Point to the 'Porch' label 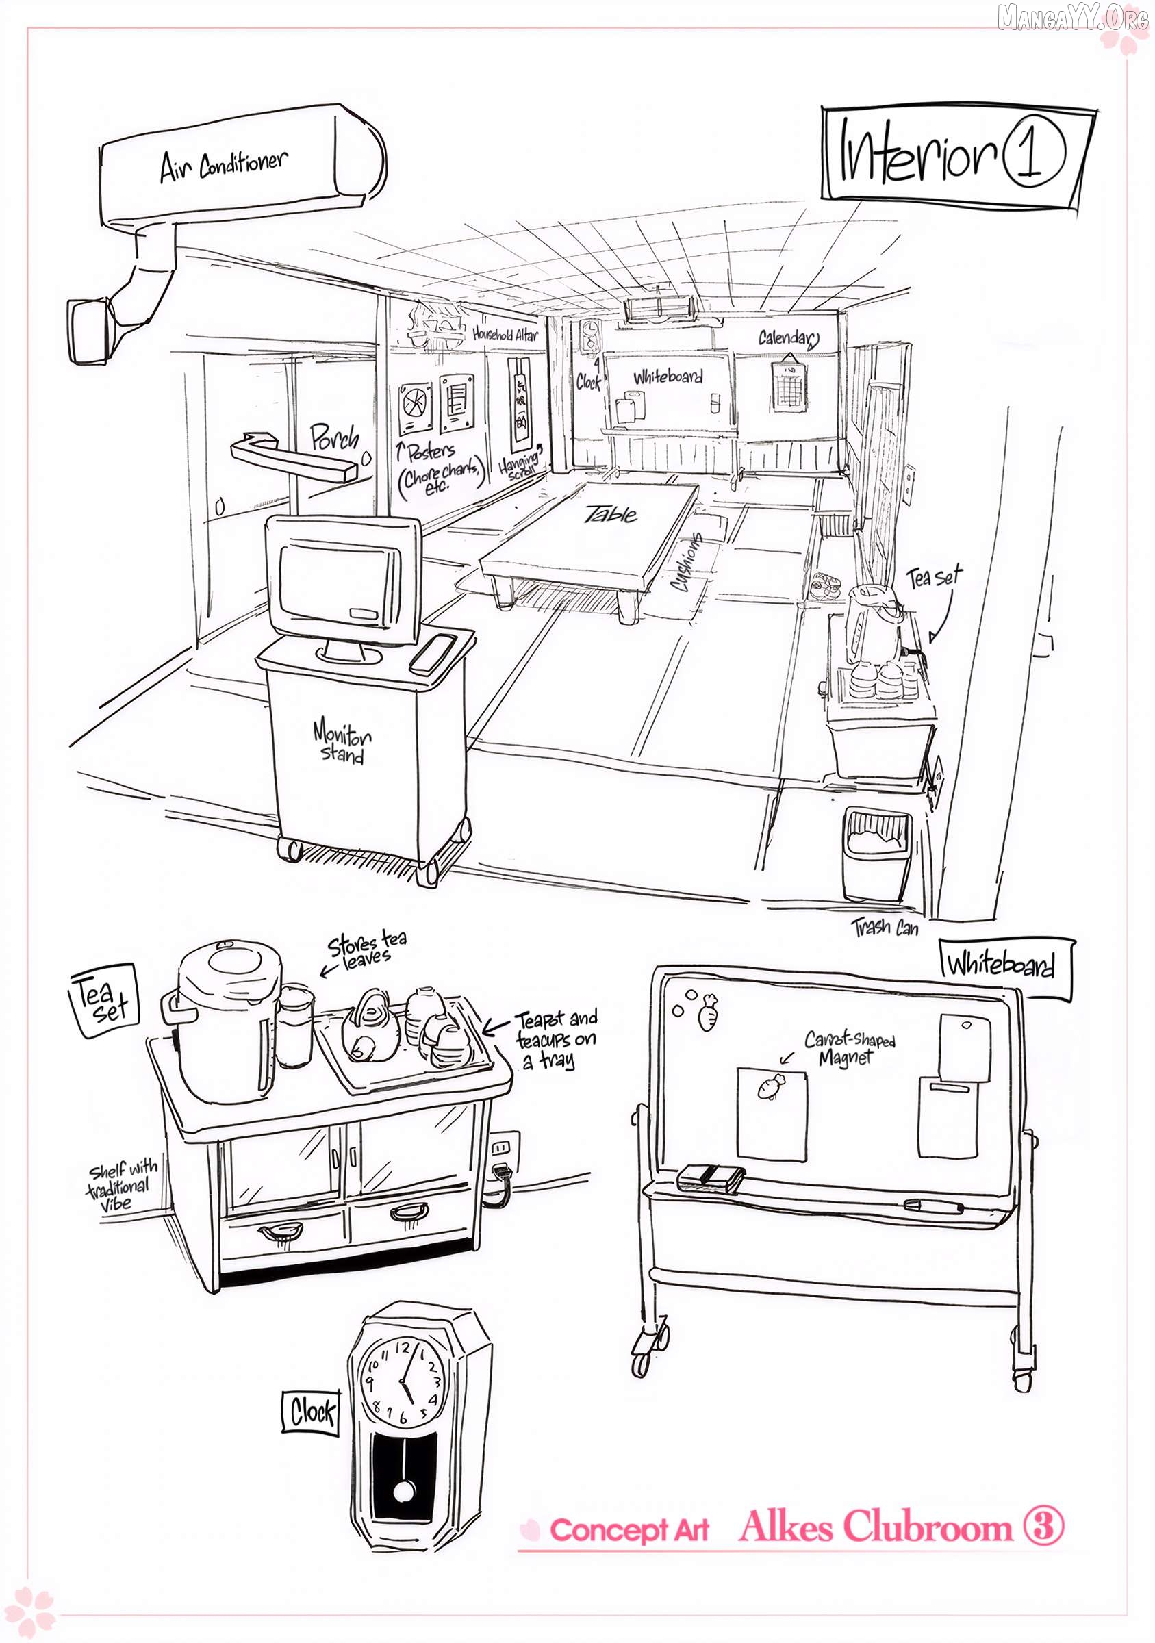pos(334,437)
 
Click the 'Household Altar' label pos(505,333)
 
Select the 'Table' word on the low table pos(611,514)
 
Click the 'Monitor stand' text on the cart pos(342,743)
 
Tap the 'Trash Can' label pos(885,928)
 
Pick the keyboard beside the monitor pos(433,652)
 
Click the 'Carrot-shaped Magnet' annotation pos(849,1047)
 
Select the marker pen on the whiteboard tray pos(933,1206)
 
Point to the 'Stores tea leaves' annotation pos(367,950)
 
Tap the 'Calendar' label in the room pos(788,337)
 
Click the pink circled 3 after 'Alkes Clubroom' pos(1043,1526)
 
